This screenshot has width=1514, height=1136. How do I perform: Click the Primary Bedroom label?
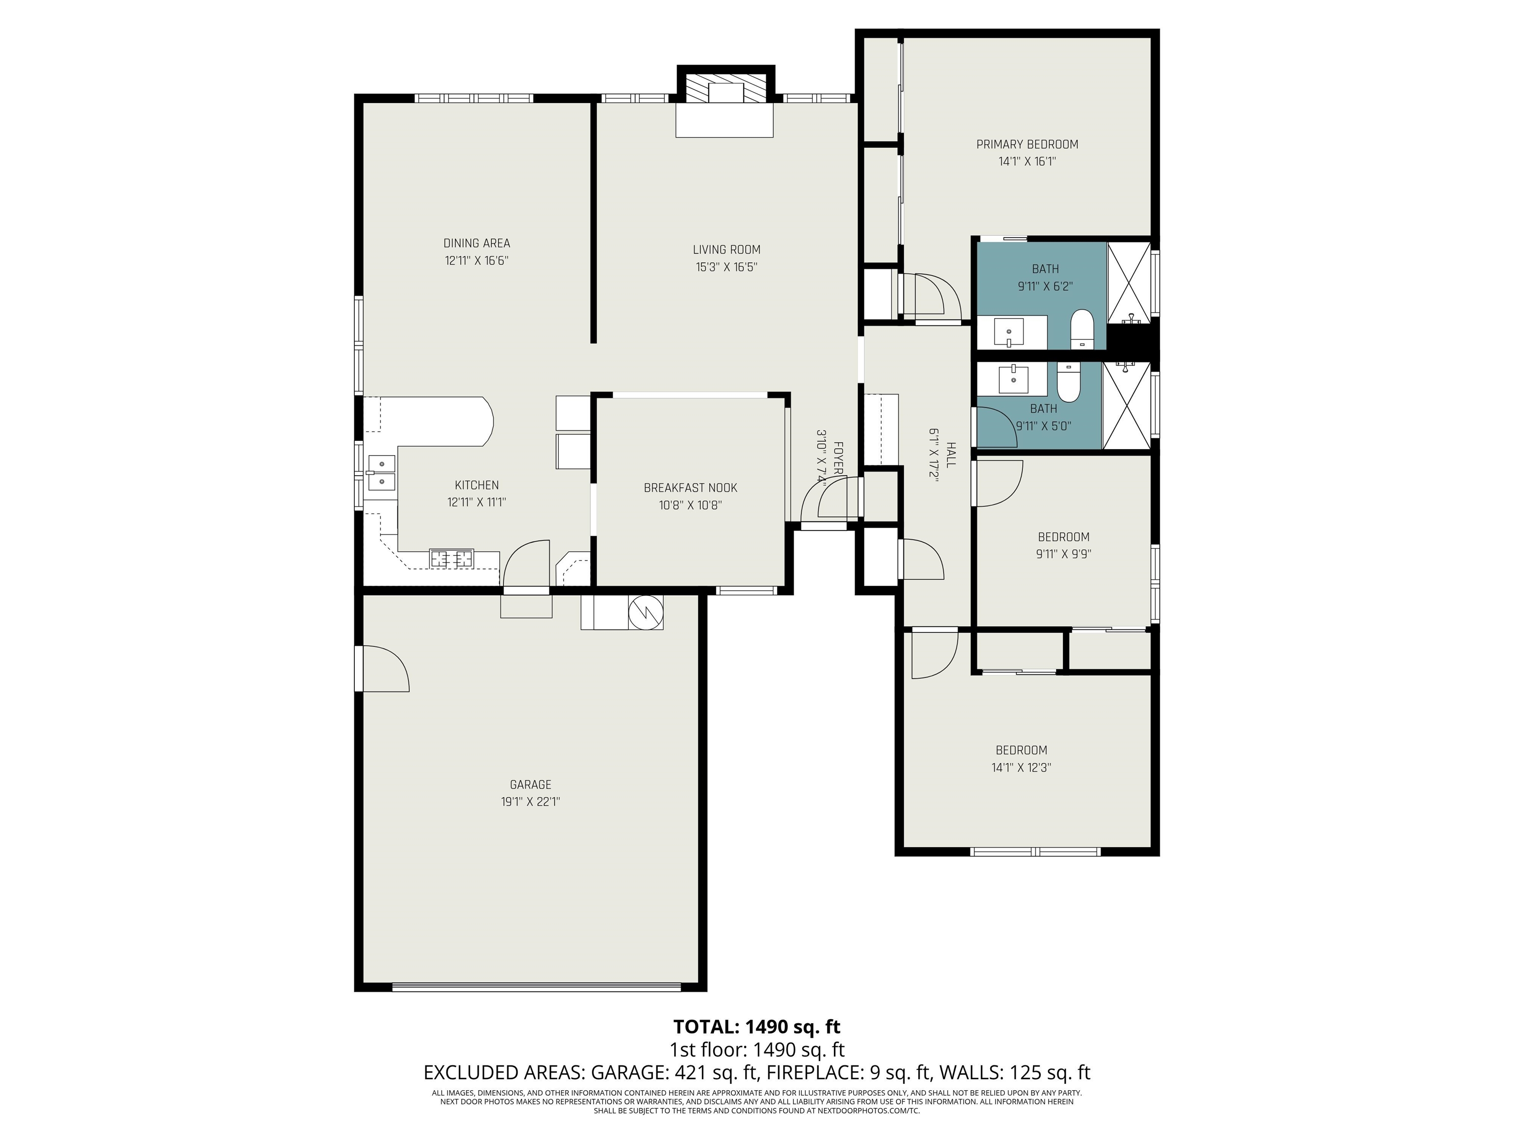pyautogui.click(x=1027, y=144)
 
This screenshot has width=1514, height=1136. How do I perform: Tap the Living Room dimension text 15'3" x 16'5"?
pyautogui.click(x=726, y=267)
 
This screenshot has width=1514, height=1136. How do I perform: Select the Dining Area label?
pyautogui.click(x=477, y=243)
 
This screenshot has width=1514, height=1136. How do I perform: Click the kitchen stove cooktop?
pyautogui.click(x=451, y=559)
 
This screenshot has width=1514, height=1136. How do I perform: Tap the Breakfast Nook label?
pyautogui.click(x=690, y=488)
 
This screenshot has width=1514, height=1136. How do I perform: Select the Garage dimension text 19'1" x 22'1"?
pyautogui.click(x=530, y=802)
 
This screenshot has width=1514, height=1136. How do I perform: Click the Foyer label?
pyautogui.click(x=836, y=459)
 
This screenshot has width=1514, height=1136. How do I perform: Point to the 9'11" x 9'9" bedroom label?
pyautogui.click(x=1063, y=537)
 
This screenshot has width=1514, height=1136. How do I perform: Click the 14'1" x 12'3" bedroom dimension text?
pyautogui.click(x=1021, y=768)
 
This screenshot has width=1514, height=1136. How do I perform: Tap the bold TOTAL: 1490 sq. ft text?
pyautogui.click(x=757, y=1027)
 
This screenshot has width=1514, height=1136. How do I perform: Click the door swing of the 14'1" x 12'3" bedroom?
pyautogui.click(x=932, y=654)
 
